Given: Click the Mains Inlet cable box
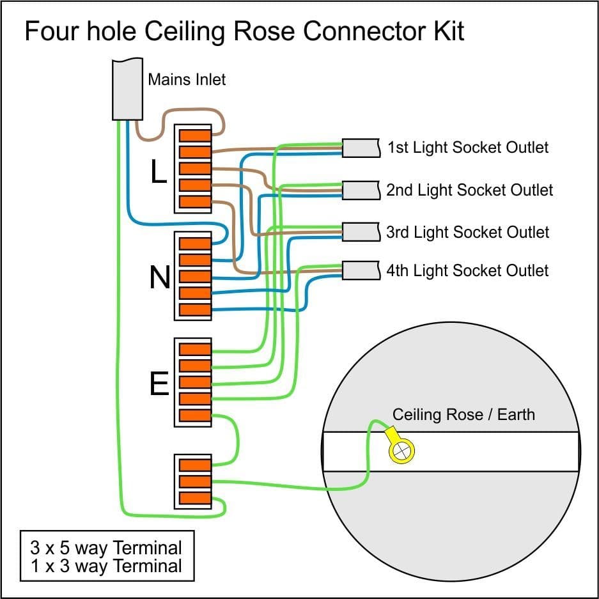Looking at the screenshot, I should tap(127, 89).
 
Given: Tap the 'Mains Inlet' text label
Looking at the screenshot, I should tap(187, 80).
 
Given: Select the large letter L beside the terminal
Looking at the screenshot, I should tap(159, 171).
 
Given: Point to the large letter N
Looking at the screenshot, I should tap(160, 277).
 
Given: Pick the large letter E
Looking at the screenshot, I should tap(159, 385).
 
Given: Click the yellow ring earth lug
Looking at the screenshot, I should tap(401, 451).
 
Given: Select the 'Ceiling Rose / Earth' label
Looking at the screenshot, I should tap(463, 414).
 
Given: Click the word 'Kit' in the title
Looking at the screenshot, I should tap(445, 31).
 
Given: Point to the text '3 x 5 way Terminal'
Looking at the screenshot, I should tap(106, 548).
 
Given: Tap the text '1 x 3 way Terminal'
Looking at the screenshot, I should tap(106, 566).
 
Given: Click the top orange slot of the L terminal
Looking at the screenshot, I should tap(195, 136).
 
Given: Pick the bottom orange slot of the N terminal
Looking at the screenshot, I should tap(195, 309).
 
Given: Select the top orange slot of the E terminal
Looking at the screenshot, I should tap(195, 349).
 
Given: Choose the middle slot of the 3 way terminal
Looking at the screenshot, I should tap(195, 481).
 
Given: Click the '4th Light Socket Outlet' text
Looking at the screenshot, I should tap(467, 270).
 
